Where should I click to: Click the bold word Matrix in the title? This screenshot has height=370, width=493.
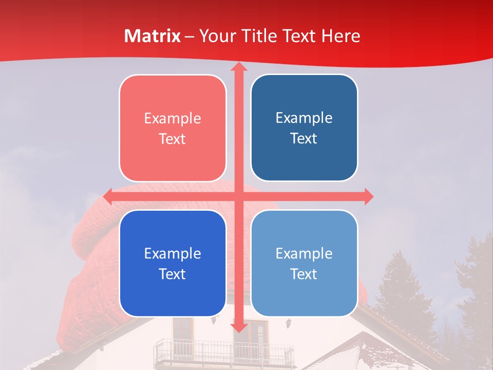pyautogui.click(x=153, y=36)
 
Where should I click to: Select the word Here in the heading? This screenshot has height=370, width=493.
pyautogui.click(x=341, y=36)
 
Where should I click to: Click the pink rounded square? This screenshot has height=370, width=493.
pyautogui.click(x=173, y=128)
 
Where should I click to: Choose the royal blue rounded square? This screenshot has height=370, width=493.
pyautogui.click(x=173, y=263)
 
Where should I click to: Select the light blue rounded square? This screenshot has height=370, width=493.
pyautogui.click(x=304, y=263)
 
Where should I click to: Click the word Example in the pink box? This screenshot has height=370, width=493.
pyautogui.click(x=173, y=119)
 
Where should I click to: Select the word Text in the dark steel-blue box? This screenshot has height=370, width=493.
pyautogui.click(x=304, y=138)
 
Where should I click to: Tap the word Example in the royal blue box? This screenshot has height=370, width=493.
pyautogui.click(x=173, y=254)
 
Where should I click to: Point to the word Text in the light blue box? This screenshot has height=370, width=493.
pyautogui.click(x=304, y=274)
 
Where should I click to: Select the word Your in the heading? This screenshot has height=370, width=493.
pyautogui.click(x=217, y=36)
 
